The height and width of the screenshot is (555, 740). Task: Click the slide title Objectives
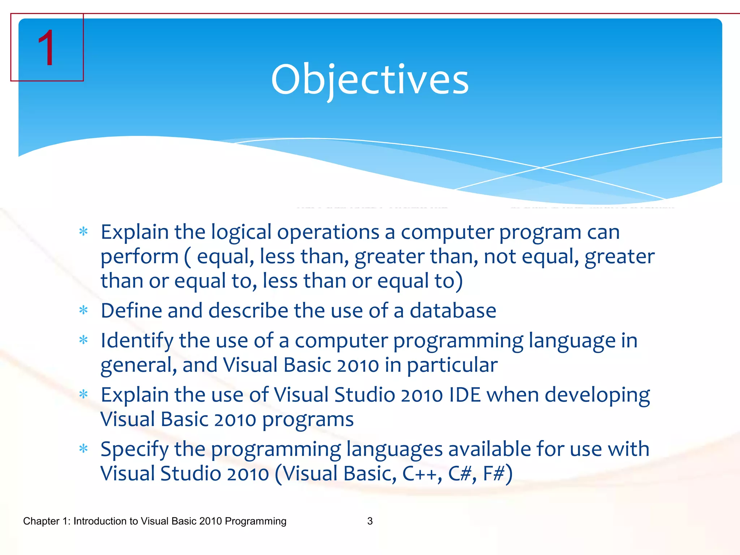(x=370, y=79)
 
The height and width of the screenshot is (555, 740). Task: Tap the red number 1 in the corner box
(x=46, y=48)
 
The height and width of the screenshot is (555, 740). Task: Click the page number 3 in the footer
(x=370, y=521)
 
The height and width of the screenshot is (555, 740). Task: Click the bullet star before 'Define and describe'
(x=83, y=310)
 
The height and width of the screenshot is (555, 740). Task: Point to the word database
(x=453, y=311)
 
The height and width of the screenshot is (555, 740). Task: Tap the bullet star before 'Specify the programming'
(x=83, y=449)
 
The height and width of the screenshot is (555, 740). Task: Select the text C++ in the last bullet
(x=420, y=473)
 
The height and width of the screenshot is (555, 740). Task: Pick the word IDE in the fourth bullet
(x=465, y=395)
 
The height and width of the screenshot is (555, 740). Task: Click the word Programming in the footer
(x=255, y=521)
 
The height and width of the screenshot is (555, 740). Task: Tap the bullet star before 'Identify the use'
(x=83, y=340)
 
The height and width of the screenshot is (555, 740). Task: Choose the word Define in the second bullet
(x=131, y=311)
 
